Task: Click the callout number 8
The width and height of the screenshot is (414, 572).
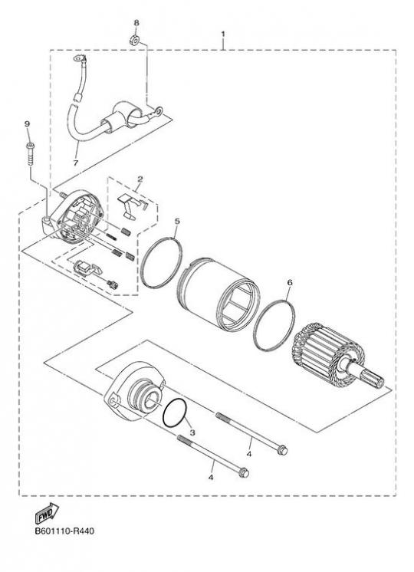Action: (136, 23)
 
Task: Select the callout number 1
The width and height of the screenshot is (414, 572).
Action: (223, 34)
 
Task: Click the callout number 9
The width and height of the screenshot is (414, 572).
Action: (27, 124)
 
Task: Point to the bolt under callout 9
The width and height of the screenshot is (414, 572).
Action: (30, 154)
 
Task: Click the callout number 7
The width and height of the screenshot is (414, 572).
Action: (75, 163)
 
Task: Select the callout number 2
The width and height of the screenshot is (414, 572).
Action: (140, 179)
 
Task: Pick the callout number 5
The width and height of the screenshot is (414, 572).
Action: (177, 221)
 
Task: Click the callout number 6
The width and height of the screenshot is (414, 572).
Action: (290, 282)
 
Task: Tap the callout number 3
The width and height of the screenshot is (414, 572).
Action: (192, 432)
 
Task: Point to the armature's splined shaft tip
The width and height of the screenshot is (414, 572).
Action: (379, 382)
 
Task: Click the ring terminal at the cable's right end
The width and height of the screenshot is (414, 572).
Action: (157, 110)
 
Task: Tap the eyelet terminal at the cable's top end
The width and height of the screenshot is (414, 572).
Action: (79, 58)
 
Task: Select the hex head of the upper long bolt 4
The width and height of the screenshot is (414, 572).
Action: (282, 450)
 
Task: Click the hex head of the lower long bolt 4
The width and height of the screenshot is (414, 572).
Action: (243, 473)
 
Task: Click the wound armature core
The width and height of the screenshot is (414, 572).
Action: (326, 351)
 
